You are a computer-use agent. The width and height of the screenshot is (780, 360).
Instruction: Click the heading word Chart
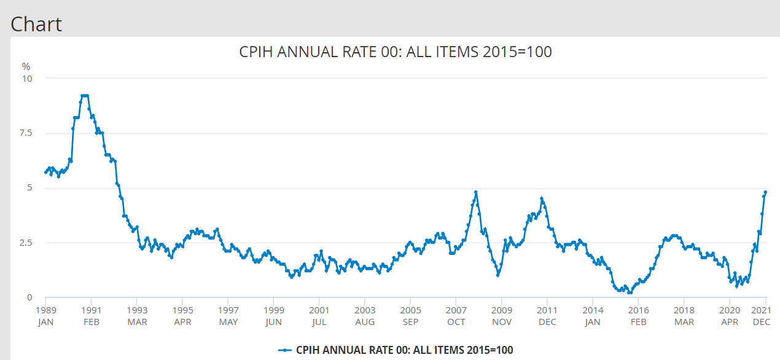coord(36,24)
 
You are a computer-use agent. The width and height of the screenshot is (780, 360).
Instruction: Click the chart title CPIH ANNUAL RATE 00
coord(395,52)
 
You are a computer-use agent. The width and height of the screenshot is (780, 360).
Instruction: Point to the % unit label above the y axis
coord(26,66)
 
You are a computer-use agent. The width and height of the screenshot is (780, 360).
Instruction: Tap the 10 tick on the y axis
coord(28,79)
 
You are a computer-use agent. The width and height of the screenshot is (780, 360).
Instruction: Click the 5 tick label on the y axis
coord(29,188)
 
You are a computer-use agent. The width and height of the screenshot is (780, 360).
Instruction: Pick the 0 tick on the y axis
coord(29,298)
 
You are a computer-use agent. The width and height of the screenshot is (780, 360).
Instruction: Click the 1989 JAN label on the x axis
coord(45,316)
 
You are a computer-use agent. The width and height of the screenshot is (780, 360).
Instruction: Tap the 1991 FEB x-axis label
coord(91,316)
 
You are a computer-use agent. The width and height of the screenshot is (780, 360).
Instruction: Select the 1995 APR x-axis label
coord(182,316)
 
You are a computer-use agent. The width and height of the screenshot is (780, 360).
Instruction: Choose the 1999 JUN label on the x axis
coord(274,316)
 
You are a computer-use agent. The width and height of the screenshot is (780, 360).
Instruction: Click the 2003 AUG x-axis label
coord(365,316)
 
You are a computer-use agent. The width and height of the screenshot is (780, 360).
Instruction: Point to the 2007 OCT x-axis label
coord(456,316)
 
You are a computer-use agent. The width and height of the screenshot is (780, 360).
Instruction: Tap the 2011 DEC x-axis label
coord(547,316)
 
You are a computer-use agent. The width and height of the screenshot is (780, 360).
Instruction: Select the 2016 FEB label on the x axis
coord(639,316)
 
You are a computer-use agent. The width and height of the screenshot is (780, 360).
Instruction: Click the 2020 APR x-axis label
coord(730,316)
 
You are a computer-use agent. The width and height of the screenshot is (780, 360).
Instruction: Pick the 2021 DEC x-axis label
coord(762,316)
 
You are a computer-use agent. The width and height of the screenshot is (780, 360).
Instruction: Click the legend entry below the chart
coord(396,350)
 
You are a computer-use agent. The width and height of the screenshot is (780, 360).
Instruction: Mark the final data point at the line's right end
coord(765,192)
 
